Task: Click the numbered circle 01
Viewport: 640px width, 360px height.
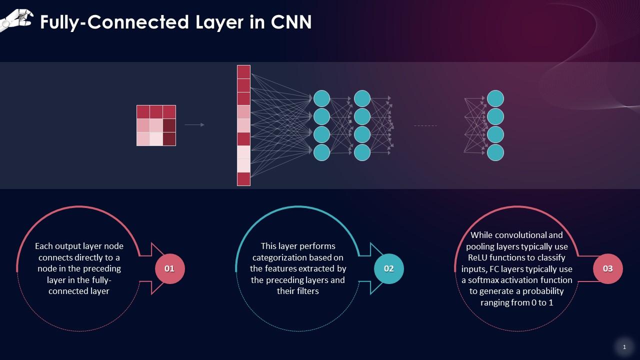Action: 170,268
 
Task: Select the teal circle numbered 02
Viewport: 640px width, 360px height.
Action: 388,268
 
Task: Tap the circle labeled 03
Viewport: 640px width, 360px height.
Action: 607,268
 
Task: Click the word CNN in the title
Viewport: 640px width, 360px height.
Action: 291,22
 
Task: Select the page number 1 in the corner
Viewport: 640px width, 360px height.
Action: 624,347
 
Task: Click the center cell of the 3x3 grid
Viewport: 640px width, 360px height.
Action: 156,125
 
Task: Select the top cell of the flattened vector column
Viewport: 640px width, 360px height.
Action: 243,72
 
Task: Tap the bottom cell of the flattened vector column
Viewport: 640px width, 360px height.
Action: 243,179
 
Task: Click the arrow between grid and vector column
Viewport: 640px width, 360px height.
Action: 194,125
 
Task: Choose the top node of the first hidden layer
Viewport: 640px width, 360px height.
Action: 321,98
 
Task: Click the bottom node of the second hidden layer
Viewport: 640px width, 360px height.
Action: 362,152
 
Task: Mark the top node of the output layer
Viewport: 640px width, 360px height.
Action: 495,98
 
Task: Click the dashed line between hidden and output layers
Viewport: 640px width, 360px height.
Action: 425,125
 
